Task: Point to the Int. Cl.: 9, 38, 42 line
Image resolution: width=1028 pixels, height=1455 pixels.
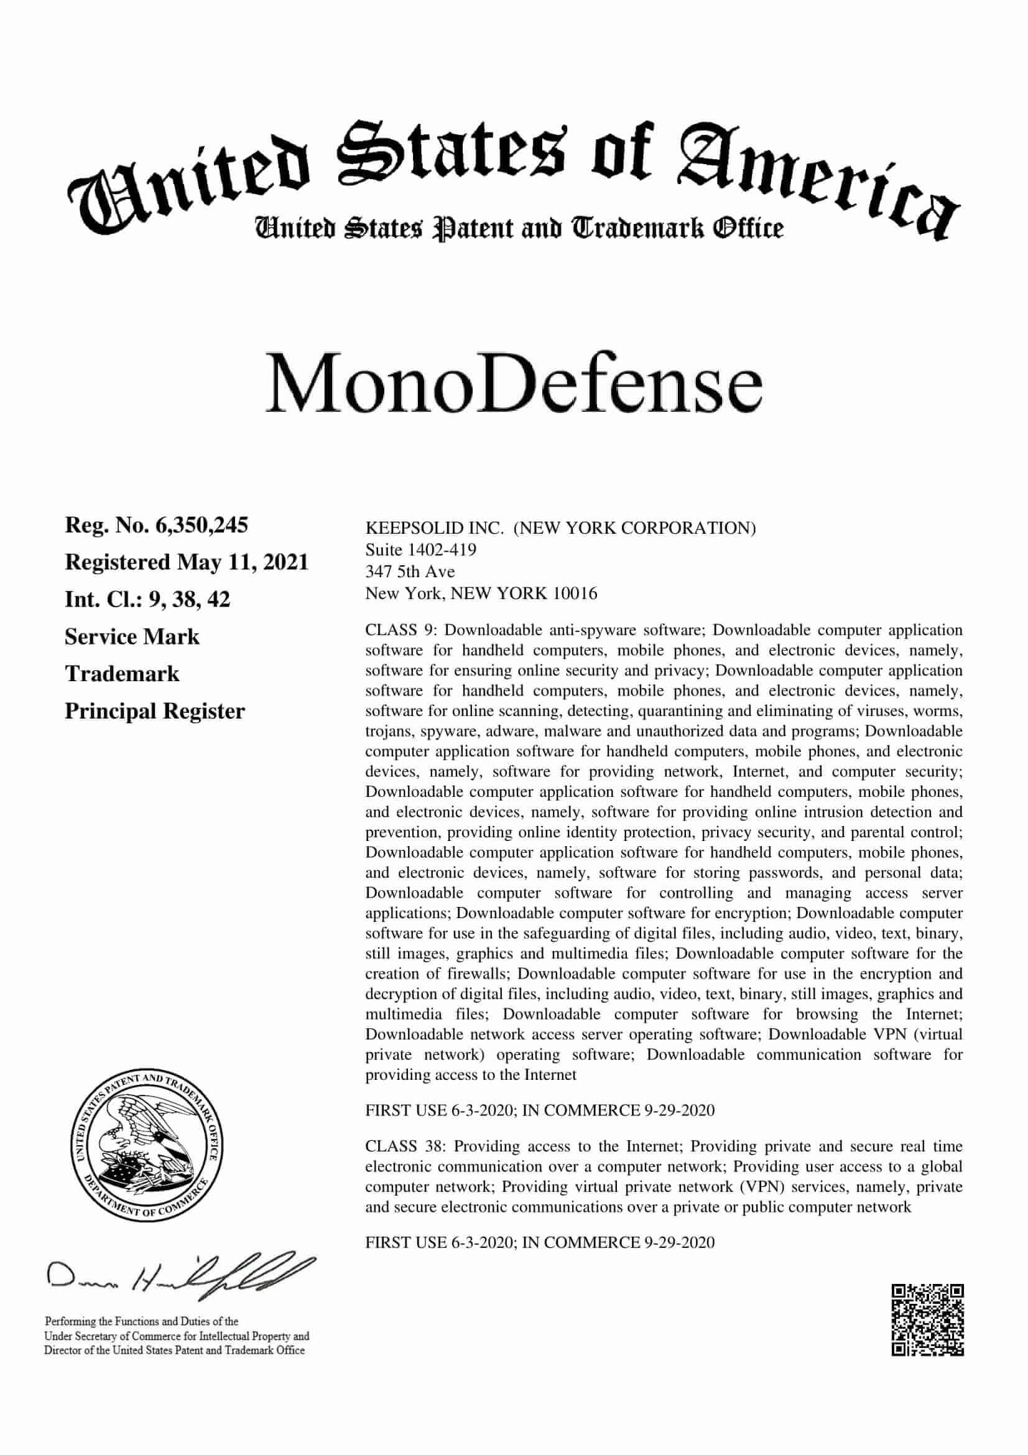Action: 147,600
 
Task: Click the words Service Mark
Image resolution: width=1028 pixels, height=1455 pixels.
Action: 132,637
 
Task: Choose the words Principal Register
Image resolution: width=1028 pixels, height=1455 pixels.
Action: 155,711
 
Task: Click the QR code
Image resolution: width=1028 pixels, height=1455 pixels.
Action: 928,1319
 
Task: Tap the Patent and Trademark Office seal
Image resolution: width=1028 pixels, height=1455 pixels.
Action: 145,1148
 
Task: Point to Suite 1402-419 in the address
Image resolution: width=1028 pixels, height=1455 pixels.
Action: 420,549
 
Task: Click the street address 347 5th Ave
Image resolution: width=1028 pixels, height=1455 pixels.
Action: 410,572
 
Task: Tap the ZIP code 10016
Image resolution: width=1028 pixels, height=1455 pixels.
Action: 575,594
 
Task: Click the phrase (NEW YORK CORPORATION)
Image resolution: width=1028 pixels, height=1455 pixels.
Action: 634,529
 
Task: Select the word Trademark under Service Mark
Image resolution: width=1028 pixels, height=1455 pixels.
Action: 122,674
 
